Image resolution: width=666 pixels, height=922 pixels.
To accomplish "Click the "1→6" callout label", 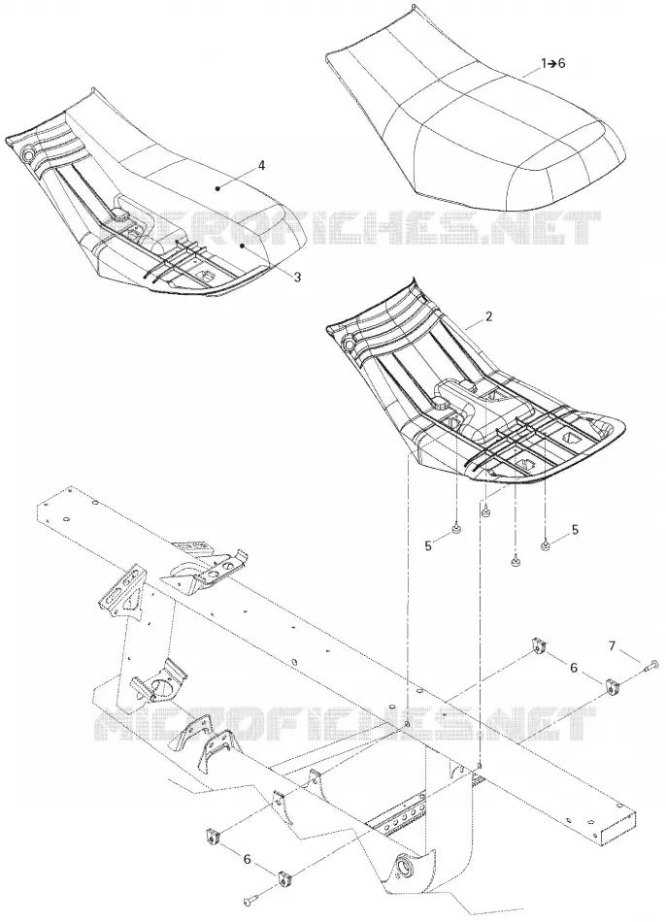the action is (x=553, y=63).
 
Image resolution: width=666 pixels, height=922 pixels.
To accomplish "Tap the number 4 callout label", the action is (x=262, y=165).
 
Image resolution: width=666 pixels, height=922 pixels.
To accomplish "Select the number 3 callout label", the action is (x=297, y=277).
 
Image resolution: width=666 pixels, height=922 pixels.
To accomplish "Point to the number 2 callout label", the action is (x=489, y=316).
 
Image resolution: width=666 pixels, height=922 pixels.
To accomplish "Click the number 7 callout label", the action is (x=612, y=645).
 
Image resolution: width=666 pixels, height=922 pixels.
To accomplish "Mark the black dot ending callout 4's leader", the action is (x=218, y=188).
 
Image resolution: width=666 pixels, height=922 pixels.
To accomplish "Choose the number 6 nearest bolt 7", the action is (x=574, y=668).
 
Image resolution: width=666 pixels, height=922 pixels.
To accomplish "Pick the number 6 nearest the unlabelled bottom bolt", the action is (x=248, y=859).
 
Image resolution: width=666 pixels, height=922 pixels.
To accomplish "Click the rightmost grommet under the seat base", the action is (x=545, y=546).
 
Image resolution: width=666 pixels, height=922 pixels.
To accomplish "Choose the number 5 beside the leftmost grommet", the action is (x=428, y=545).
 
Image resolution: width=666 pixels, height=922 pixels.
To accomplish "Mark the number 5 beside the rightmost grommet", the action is (x=575, y=529).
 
